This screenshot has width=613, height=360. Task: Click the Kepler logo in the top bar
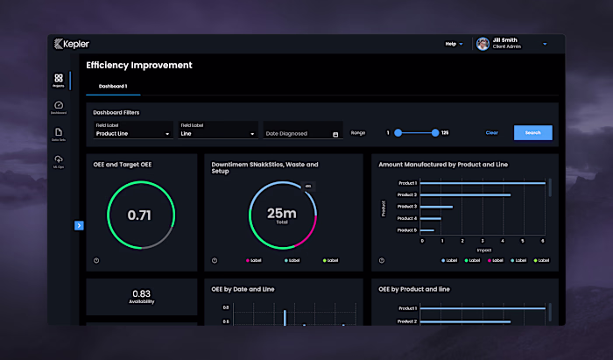(x=71, y=44)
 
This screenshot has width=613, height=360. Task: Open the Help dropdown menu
(x=453, y=44)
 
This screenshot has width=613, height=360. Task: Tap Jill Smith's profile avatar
(x=483, y=44)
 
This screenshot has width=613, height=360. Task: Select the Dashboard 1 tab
(x=113, y=86)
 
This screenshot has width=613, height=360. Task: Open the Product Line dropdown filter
(x=133, y=134)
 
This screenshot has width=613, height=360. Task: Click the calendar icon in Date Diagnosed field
(x=336, y=134)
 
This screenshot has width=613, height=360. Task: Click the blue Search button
(x=532, y=133)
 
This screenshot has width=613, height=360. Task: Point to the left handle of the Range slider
(x=398, y=133)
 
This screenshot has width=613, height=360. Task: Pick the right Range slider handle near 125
(x=435, y=133)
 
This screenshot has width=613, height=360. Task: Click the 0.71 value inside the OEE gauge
(x=140, y=215)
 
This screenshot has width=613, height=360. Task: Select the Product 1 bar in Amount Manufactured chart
(x=483, y=183)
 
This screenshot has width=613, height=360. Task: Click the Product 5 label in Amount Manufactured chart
(x=407, y=230)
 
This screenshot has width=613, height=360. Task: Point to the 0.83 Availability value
(x=140, y=294)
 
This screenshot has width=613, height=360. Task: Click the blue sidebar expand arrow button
(x=79, y=225)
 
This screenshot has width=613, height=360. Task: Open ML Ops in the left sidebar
(x=59, y=161)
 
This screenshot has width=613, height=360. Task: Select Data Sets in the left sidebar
(x=59, y=134)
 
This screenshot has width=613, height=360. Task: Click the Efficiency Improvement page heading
(x=139, y=65)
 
